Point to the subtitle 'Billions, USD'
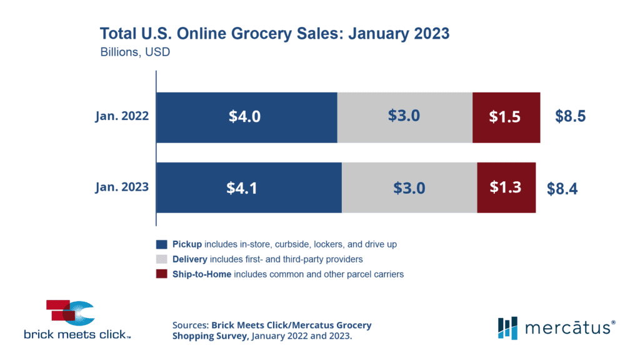click(135, 52)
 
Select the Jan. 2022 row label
click(122, 117)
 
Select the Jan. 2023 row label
click(122, 187)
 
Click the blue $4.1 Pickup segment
click(249, 187)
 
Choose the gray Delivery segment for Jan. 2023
click(409, 187)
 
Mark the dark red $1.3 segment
click(506, 187)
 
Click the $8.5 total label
click(570, 117)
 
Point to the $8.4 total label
click(562, 187)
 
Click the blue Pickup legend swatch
click(162, 244)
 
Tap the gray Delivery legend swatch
click(162, 259)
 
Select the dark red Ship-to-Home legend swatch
click(162, 274)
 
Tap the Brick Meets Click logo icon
click(71, 312)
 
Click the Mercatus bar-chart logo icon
click(508, 326)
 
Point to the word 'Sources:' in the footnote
click(191, 326)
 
